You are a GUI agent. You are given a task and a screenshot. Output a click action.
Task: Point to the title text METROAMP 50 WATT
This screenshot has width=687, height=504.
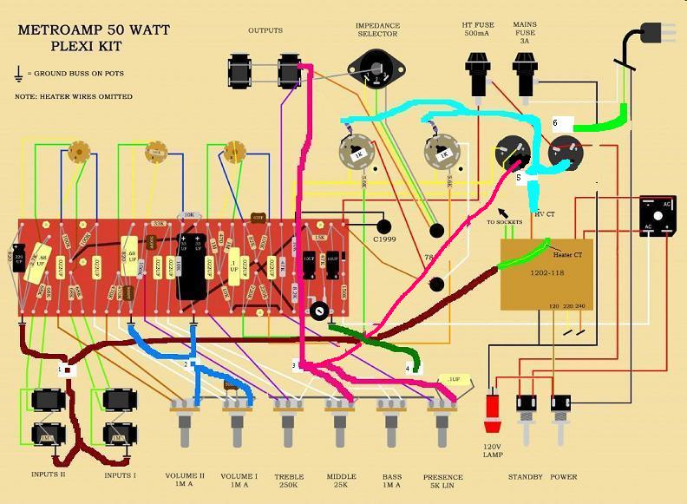[x=94, y=29]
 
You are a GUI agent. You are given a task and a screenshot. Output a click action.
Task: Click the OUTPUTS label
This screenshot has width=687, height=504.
[x=265, y=30]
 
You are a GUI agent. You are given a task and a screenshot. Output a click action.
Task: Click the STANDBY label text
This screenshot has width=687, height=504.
[x=526, y=477]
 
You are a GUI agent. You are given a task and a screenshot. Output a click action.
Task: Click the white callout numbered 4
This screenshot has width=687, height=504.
[x=408, y=368]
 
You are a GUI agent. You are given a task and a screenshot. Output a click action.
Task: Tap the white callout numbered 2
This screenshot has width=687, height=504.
[x=186, y=364]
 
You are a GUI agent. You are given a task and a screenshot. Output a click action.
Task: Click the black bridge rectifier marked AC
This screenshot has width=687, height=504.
[x=658, y=215]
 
